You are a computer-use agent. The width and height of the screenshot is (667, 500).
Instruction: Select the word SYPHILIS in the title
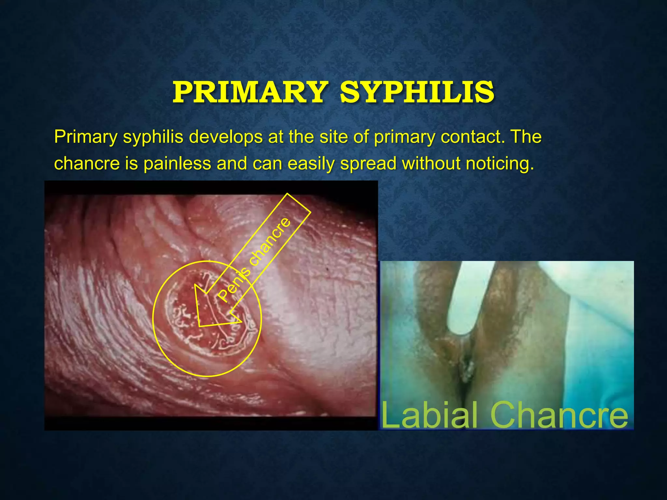point(417,92)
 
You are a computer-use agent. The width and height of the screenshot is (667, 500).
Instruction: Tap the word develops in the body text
point(225,137)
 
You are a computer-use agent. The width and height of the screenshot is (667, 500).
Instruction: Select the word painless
point(177,163)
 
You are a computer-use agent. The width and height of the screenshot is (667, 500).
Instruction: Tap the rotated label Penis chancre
point(254,259)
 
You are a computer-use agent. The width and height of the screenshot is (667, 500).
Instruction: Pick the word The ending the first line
point(526,137)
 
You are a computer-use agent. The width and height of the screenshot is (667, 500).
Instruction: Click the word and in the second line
point(232,163)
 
